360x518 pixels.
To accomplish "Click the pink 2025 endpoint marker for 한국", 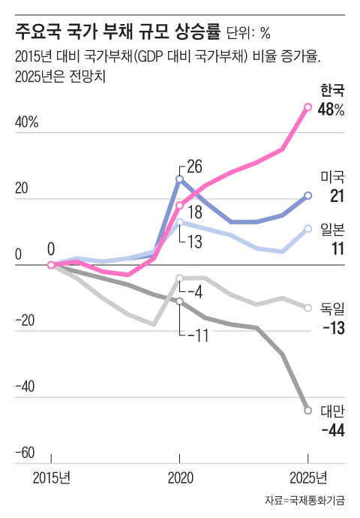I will [x=308, y=107].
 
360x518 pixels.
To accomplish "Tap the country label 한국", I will [x=331, y=91].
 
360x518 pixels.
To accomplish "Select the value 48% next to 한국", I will [x=331, y=110].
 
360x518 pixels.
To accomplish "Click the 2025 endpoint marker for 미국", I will [x=308, y=196].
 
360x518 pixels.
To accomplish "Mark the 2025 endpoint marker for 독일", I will [x=308, y=307].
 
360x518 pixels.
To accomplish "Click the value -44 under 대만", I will [x=331, y=430].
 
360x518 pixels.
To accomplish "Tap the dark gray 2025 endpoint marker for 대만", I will [x=308, y=410].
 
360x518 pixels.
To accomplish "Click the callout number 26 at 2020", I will [x=194, y=167].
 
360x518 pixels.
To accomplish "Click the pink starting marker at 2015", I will [x=51, y=264].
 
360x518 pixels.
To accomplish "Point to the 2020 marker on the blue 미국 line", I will [x=179, y=179].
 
